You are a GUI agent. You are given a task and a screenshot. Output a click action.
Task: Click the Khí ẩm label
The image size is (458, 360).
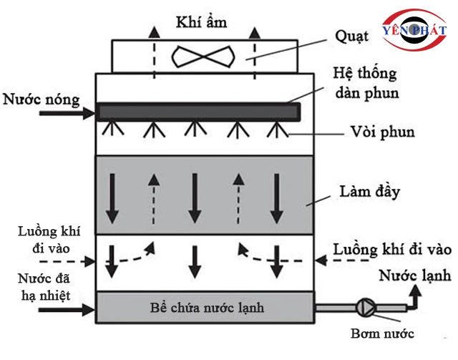coord(201,22)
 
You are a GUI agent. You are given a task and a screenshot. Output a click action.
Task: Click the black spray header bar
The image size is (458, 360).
coord(198,111)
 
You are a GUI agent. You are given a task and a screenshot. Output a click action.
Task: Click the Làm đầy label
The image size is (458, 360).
coord(370,193)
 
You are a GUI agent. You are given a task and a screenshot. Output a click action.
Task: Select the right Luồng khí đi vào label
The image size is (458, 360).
coord(393,249)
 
